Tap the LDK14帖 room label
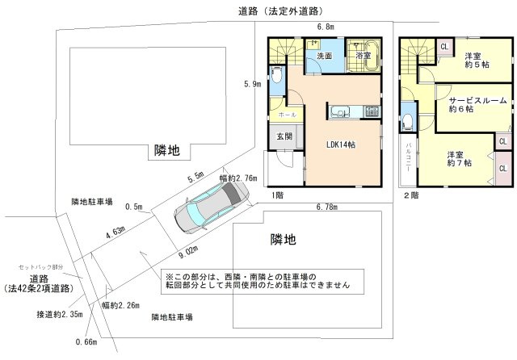click(341, 144)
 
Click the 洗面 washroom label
click(325, 57)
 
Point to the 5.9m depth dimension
click(252, 84)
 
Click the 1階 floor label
click(277, 195)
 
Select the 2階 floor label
click(410, 195)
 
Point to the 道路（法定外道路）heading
click(280, 10)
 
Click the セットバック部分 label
click(40, 266)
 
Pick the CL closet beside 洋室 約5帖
click(445, 47)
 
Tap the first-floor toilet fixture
click(277, 79)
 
